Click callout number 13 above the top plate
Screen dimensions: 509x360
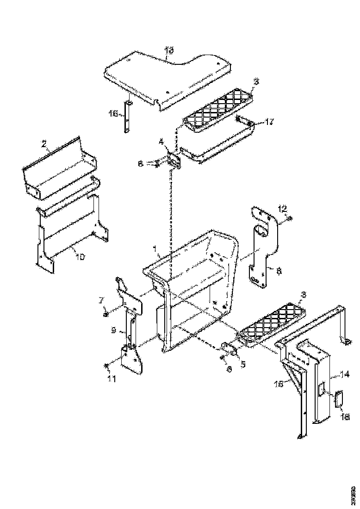click(169, 50)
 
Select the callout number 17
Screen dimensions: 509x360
click(270, 122)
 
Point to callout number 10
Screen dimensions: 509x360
click(80, 257)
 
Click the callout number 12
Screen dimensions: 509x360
click(283, 208)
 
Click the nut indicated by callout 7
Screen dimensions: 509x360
click(106, 314)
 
